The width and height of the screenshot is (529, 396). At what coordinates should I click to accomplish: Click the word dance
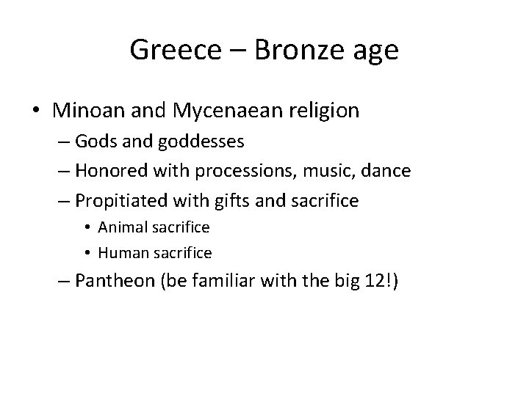point(405,172)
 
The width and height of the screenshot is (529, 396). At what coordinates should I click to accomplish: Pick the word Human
point(121,252)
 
